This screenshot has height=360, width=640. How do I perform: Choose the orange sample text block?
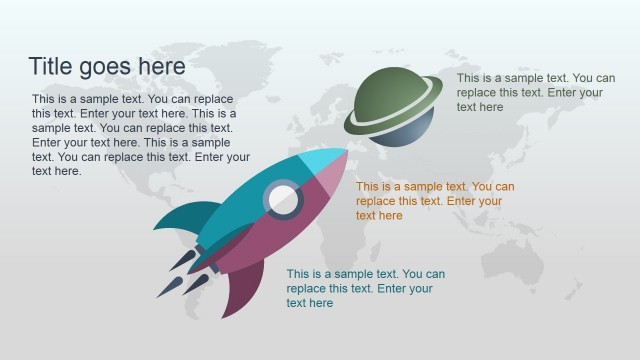tap(435, 201)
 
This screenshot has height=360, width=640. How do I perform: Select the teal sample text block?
tap(365, 288)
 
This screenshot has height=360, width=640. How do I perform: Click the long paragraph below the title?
tap(140, 135)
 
